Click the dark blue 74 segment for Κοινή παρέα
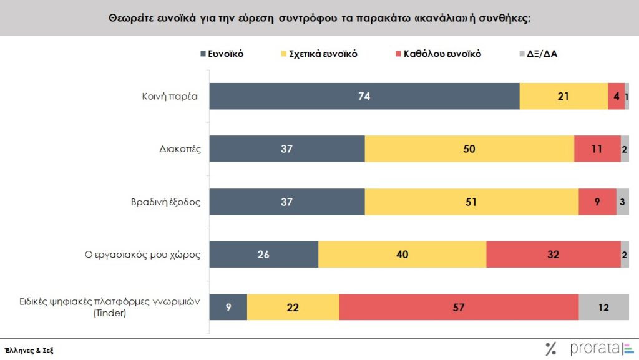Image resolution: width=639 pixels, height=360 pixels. [364, 96]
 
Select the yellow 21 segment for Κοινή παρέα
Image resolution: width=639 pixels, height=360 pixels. [563, 96]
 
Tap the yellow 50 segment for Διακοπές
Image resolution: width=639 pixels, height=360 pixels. [469, 148]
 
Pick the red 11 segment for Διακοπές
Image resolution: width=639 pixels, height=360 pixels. [597, 148]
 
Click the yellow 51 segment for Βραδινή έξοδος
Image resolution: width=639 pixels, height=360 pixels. [472, 202]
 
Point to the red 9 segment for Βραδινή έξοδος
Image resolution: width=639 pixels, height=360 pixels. [597, 202]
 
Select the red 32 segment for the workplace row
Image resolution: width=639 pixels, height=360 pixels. [553, 254]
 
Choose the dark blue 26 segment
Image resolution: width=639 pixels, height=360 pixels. [263, 254]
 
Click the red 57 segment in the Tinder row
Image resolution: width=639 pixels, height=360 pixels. [459, 307]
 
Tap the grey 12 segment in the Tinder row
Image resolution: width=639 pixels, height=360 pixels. [603, 307]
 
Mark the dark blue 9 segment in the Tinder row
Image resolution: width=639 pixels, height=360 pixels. [228, 307]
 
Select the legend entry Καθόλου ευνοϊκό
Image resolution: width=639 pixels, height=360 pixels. [444, 54]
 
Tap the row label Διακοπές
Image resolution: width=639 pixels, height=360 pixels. [180, 149]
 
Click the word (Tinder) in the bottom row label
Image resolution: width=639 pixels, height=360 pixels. [110, 313]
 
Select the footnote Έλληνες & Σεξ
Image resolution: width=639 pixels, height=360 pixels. [29, 350]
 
